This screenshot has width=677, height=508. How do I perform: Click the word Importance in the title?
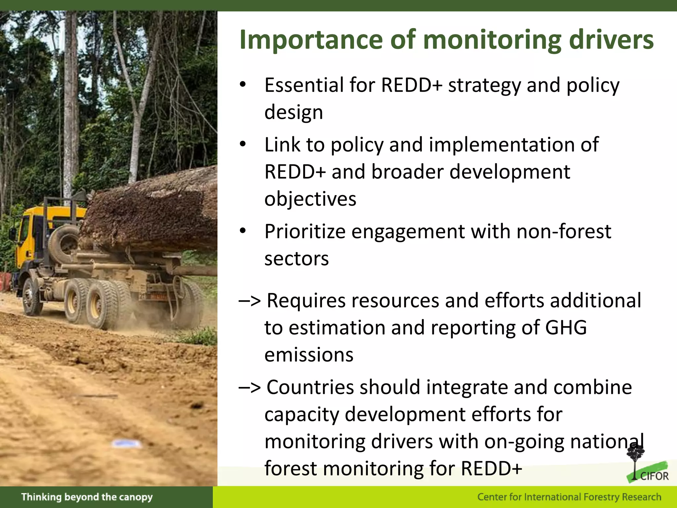point(311,40)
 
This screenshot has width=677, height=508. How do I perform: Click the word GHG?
point(566,327)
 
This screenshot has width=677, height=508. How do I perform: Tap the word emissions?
point(309,355)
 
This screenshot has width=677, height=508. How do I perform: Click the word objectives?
point(310,199)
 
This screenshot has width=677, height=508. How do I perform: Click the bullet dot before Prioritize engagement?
point(243,231)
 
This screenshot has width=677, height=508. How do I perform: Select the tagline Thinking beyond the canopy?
point(87,497)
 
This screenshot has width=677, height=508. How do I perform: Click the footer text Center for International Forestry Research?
point(569,497)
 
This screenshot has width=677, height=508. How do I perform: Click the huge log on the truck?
point(152,212)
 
